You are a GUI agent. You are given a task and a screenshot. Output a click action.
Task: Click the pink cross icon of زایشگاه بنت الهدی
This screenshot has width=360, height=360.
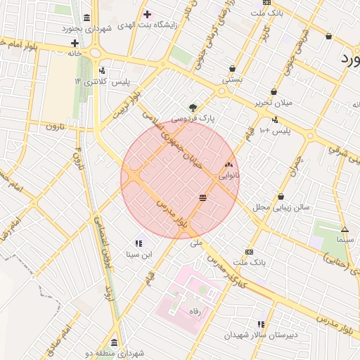coord(147,14)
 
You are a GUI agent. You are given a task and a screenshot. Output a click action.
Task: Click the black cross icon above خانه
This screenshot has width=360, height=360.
coord(75,43)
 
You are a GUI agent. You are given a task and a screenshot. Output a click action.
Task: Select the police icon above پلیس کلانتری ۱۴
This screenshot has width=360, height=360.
coord(103,70)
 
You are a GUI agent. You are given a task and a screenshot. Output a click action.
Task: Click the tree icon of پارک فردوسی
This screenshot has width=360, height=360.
coord(193,107)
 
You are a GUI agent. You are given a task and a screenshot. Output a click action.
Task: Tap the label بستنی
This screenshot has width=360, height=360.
coord(232,80)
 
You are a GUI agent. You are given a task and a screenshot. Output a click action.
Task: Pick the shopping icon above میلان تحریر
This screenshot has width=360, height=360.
coord(274,92)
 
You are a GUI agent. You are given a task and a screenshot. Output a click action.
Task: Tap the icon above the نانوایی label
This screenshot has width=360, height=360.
coord(228,165)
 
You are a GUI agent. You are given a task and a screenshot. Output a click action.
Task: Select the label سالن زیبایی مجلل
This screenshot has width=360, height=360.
coord(281,207)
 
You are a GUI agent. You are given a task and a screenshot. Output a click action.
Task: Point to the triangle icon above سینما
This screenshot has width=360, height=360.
coord(345,230)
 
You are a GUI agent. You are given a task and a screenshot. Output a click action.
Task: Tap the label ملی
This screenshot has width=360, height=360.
coord(196,243)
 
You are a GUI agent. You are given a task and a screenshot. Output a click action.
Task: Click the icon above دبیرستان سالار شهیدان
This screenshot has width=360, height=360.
coord(261,324)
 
